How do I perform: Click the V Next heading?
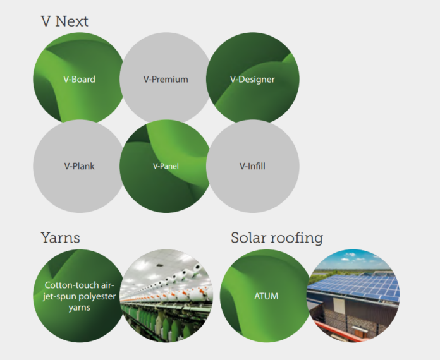[x=64, y=21]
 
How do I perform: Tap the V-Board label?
[x=80, y=80]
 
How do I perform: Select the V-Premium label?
[x=166, y=80]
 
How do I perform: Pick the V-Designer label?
[x=252, y=80]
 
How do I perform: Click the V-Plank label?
[x=80, y=166]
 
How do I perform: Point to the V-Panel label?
[x=166, y=166]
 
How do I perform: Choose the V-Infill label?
[x=252, y=166]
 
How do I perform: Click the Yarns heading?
[x=61, y=237]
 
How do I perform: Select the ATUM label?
[x=266, y=296]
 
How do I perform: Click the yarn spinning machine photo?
[x=166, y=296]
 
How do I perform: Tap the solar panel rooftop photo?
[x=353, y=296]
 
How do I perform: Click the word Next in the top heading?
[x=72, y=21]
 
